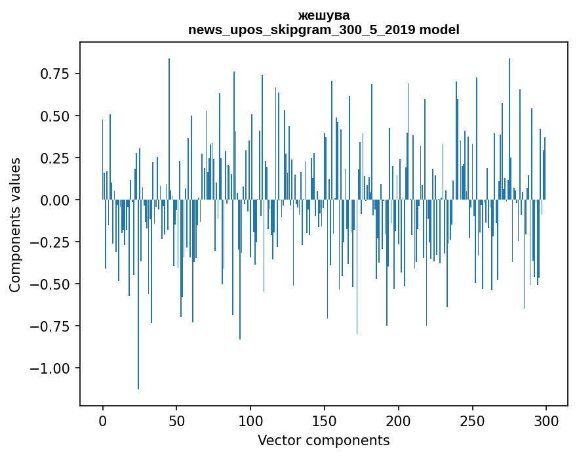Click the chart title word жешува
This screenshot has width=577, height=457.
pos(323,15)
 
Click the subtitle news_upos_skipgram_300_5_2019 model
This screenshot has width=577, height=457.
pos(323,30)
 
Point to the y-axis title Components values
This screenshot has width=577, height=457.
pos(14,225)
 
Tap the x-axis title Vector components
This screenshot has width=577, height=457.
pos(323,441)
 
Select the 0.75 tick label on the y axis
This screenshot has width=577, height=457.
pos(55,74)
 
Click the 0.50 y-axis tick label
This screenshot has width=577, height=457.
pos(55,116)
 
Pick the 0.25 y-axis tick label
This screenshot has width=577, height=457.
pos(55,158)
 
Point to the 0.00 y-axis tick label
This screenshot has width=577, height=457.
pos(55,200)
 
